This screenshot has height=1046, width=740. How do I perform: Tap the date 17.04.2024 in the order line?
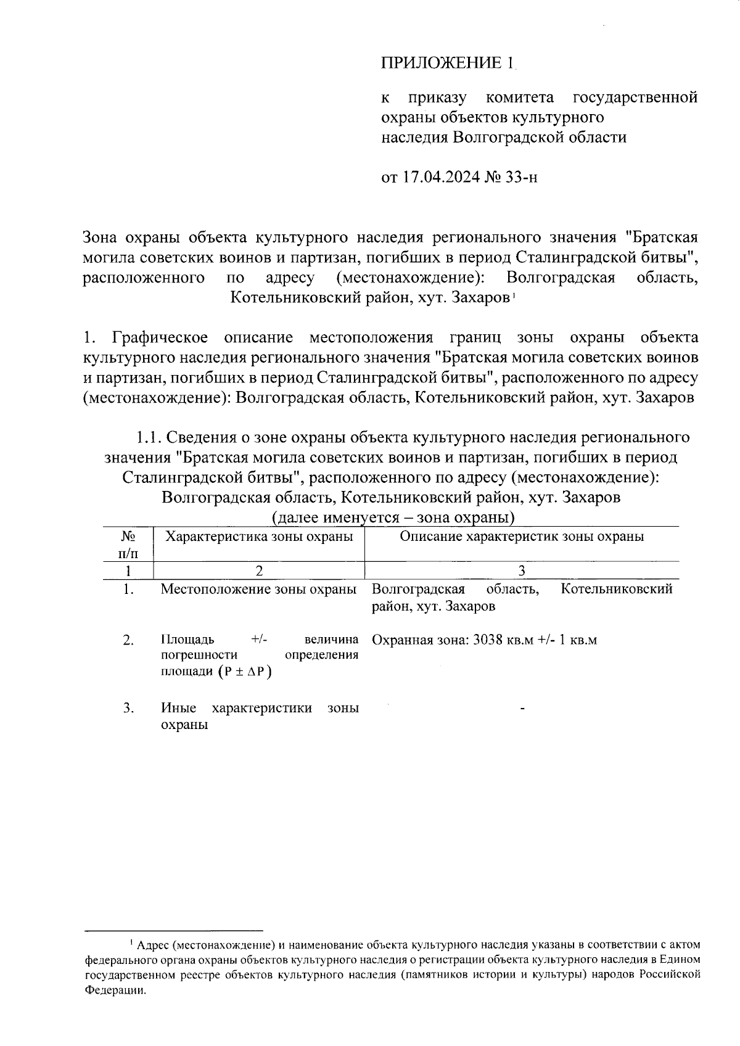coord(442,178)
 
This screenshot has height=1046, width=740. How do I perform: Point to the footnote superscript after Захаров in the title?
coord(513,295)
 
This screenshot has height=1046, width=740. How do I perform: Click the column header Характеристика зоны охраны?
coord(260,536)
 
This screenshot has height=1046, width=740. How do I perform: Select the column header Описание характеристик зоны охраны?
coord(522,536)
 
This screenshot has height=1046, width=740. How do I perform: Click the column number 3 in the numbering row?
coord(522,570)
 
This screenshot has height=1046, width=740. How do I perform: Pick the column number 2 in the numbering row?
coord(259,570)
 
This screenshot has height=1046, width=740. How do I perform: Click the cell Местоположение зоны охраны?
coord(258,589)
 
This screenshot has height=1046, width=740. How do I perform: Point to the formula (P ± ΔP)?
coord(245,672)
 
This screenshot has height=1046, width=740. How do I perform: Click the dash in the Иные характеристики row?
coord(522,710)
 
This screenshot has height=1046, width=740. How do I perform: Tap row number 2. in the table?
coord(128,640)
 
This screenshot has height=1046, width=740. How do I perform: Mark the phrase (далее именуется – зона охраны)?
coord(393,517)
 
